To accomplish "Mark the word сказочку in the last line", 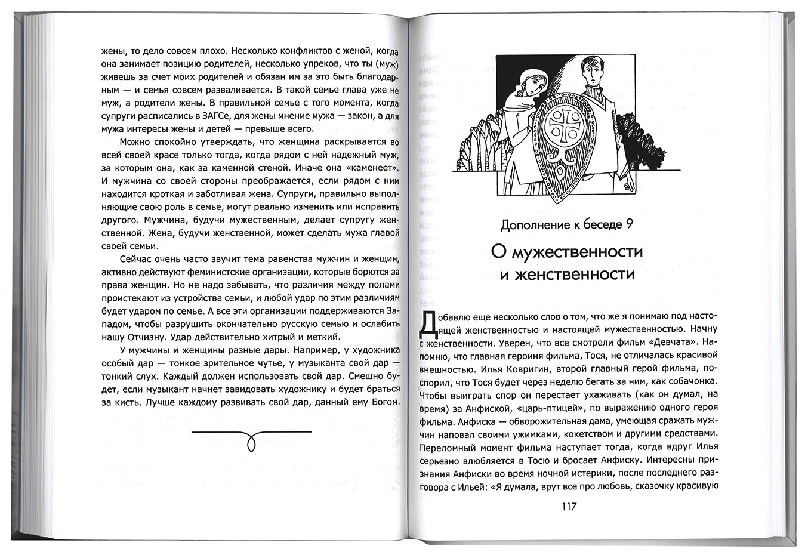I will coord(636,486).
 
